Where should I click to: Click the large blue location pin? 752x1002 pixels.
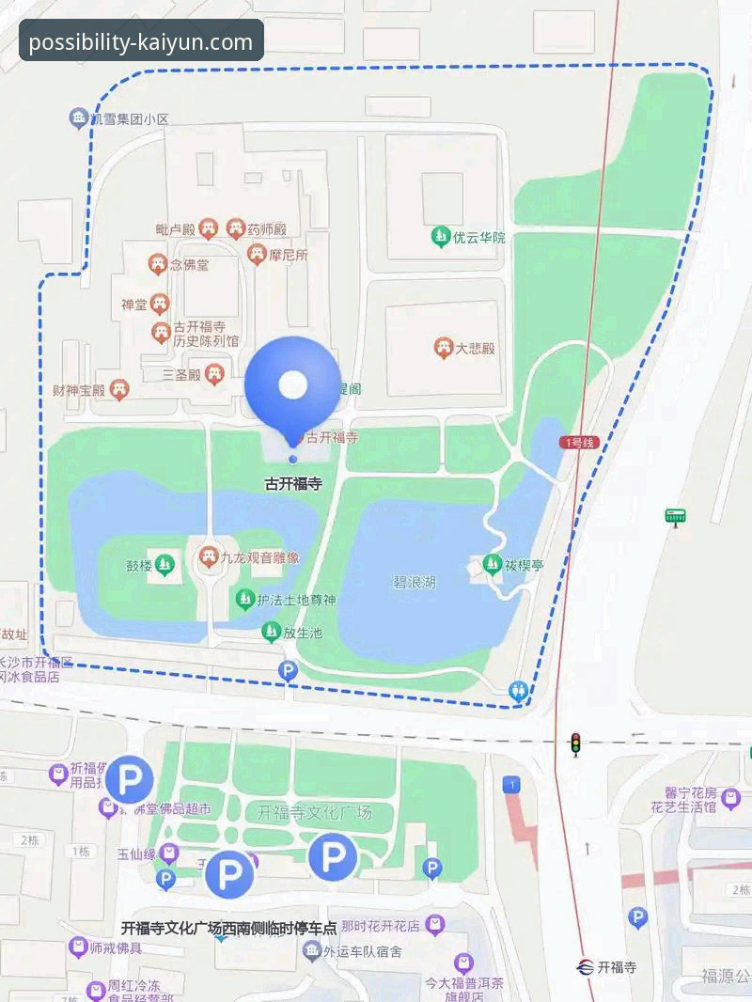pos(292,384)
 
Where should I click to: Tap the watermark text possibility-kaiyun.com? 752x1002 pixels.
pos(141,42)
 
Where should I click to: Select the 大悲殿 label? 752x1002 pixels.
pos(475,349)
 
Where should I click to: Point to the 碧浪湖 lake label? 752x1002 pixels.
pos(414,583)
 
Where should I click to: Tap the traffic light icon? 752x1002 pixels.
pos(575,744)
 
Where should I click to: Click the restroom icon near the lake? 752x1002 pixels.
pos(518,692)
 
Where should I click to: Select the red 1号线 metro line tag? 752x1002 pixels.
pos(579,442)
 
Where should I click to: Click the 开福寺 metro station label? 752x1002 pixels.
pos(617,966)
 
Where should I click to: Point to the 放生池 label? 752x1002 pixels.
pos(303,633)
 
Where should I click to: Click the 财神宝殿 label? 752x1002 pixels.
pos(79,389)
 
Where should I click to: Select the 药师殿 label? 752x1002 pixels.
pos(266,228)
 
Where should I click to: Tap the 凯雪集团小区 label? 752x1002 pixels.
pos(129,119)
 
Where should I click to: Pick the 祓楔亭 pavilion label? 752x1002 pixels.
pos(525,565)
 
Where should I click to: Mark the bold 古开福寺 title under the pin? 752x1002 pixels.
pos(292,485)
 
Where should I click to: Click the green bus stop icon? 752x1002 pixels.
pos(675,515)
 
